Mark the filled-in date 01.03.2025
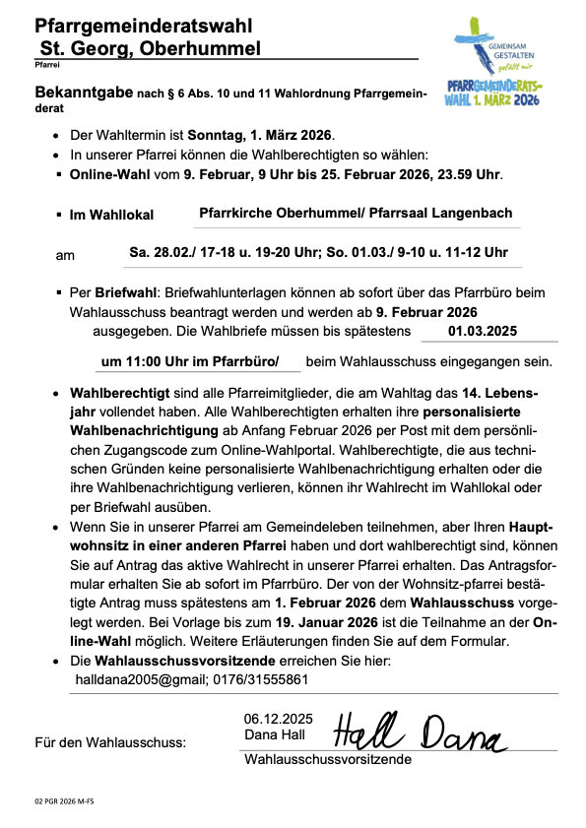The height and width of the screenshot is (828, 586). [483, 331]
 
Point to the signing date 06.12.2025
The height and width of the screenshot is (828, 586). [279, 718]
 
